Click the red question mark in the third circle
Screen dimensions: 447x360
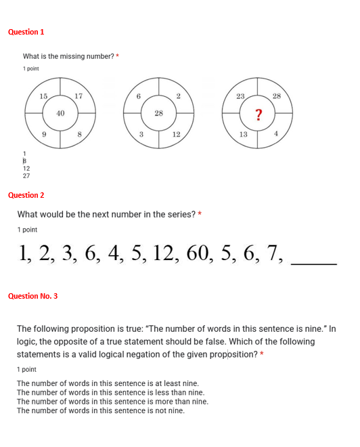coord(258,115)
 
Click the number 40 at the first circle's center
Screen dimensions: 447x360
coord(60,113)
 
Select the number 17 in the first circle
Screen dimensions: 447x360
coord(78,96)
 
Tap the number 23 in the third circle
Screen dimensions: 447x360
coord(240,96)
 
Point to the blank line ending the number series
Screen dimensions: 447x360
coord(313,263)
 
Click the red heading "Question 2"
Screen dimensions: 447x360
coord(26,195)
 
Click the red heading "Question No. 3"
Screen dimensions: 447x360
coord(32,296)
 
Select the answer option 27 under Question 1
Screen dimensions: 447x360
coord(26,175)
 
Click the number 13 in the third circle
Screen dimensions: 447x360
coord(244,134)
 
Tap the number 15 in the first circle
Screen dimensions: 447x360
coord(43,96)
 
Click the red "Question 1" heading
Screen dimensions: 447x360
coord(26,32)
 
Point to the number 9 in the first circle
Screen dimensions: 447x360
coord(44,134)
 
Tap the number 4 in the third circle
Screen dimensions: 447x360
coord(276,134)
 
